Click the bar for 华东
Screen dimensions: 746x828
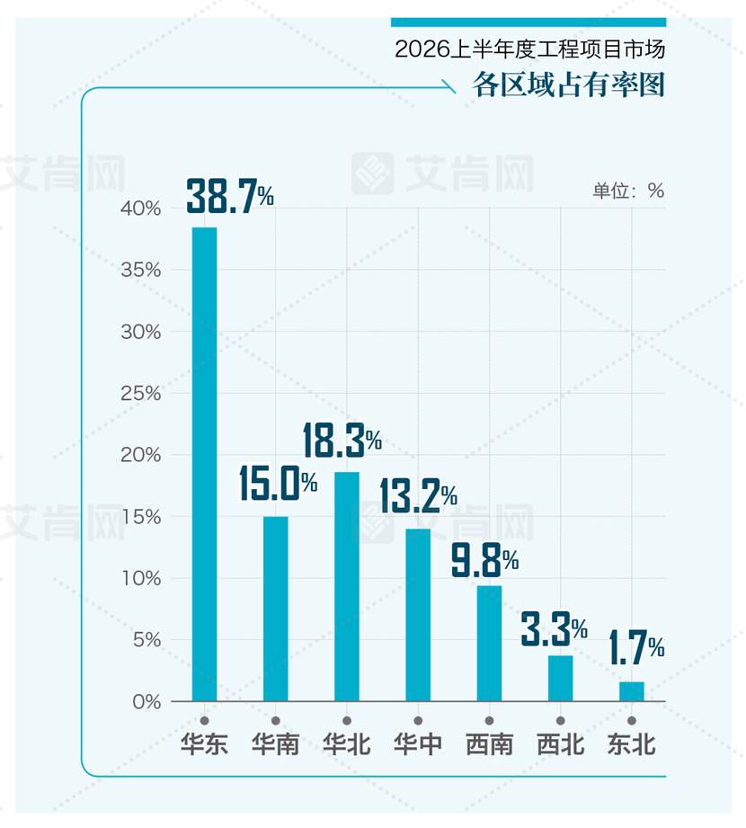pyautogui.click(x=204, y=464)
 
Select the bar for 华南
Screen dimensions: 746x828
pyautogui.click(x=276, y=609)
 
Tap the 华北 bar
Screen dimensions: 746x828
pyautogui.click(x=347, y=587)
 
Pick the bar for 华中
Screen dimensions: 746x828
pyautogui.click(x=418, y=615)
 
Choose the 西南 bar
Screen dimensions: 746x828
pyautogui.click(x=490, y=643)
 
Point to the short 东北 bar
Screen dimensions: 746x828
pyautogui.click(x=632, y=691)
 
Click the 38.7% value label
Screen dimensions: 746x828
pyautogui.click(x=230, y=197)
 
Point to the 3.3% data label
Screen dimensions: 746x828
pyautogui.click(x=554, y=629)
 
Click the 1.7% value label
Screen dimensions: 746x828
pyautogui.click(x=636, y=648)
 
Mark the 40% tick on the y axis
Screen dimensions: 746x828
pyautogui.click(x=140, y=209)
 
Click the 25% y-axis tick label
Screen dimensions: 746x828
pyautogui.click(x=140, y=394)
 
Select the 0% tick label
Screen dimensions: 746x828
pyautogui.click(x=147, y=702)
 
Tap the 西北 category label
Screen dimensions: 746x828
pyautogui.click(x=561, y=744)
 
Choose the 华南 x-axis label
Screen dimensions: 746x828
pyautogui.click(x=276, y=744)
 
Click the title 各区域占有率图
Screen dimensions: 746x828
pyautogui.click(x=569, y=85)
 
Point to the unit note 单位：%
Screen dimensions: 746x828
pyautogui.click(x=628, y=191)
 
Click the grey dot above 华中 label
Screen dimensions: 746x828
pyautogui.click(x=418, y=721)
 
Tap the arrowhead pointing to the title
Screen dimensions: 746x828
pyautogui.click(x=449, y=87)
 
